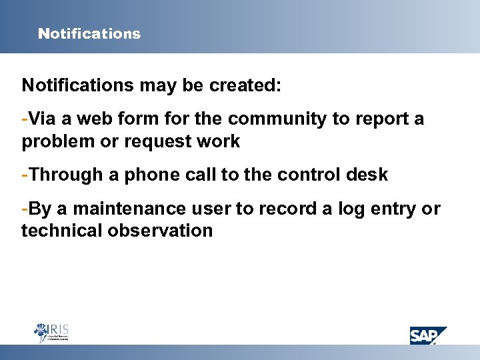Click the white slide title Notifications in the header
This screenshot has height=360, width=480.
point(89,33)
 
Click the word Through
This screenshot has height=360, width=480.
point(63,175)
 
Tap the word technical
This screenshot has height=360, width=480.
point(55,231)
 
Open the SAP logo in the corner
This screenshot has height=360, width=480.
point(427,335)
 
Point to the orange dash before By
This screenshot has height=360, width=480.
point(25,209)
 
